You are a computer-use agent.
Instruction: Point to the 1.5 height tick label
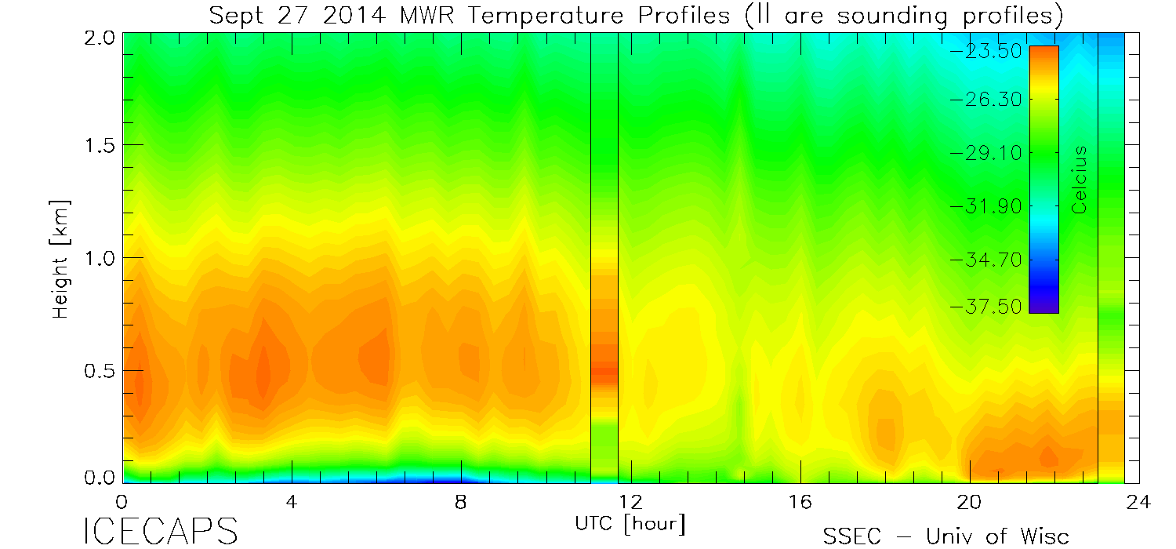coord(100,146)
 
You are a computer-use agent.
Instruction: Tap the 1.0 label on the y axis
coord(100,258)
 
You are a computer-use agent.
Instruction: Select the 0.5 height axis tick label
coord(100,370)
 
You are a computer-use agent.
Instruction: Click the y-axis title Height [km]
coord(60,258)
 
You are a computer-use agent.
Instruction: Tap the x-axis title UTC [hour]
coord(630,523)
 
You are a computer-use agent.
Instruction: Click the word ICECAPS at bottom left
coord(160,532)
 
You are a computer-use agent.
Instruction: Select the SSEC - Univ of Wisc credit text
coord(946,536)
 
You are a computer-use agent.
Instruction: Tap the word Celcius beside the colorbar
coord(1080,180)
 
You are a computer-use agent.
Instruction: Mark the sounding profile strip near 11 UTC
coord(604,259)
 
